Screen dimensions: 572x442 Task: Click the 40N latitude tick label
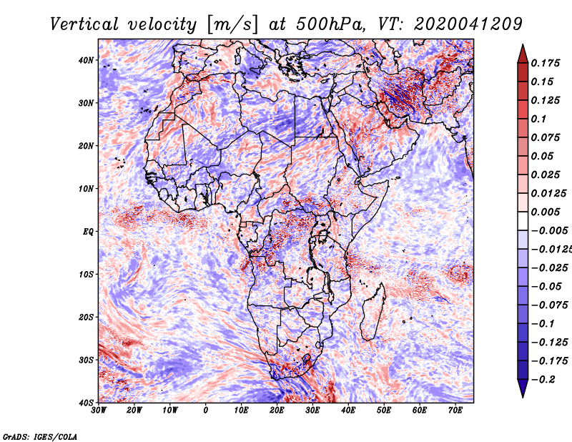point(86,60)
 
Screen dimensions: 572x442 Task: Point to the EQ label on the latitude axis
point(88,232)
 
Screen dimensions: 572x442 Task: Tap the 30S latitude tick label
point(86,360)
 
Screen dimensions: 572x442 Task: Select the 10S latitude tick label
point(86,275)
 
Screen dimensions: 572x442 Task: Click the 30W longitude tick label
point(99,411)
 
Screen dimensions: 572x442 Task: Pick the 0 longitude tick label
point(206,411)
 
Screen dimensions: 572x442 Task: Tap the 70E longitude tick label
point(455,411)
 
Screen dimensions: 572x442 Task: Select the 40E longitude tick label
point(348,411)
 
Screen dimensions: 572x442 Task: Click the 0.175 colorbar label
point(546,63)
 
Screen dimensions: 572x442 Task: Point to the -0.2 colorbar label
point(543,380)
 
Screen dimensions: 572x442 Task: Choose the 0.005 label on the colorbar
point(546,212)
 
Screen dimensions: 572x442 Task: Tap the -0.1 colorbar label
point(543,324)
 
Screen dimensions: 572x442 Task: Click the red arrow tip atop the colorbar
point(523,45)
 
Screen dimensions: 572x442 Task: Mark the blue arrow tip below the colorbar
point(523,397)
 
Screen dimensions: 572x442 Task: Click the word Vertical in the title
point(84,24)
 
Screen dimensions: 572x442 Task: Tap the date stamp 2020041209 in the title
point(468,24)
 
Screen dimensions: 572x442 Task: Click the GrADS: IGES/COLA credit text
point(40,437)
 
